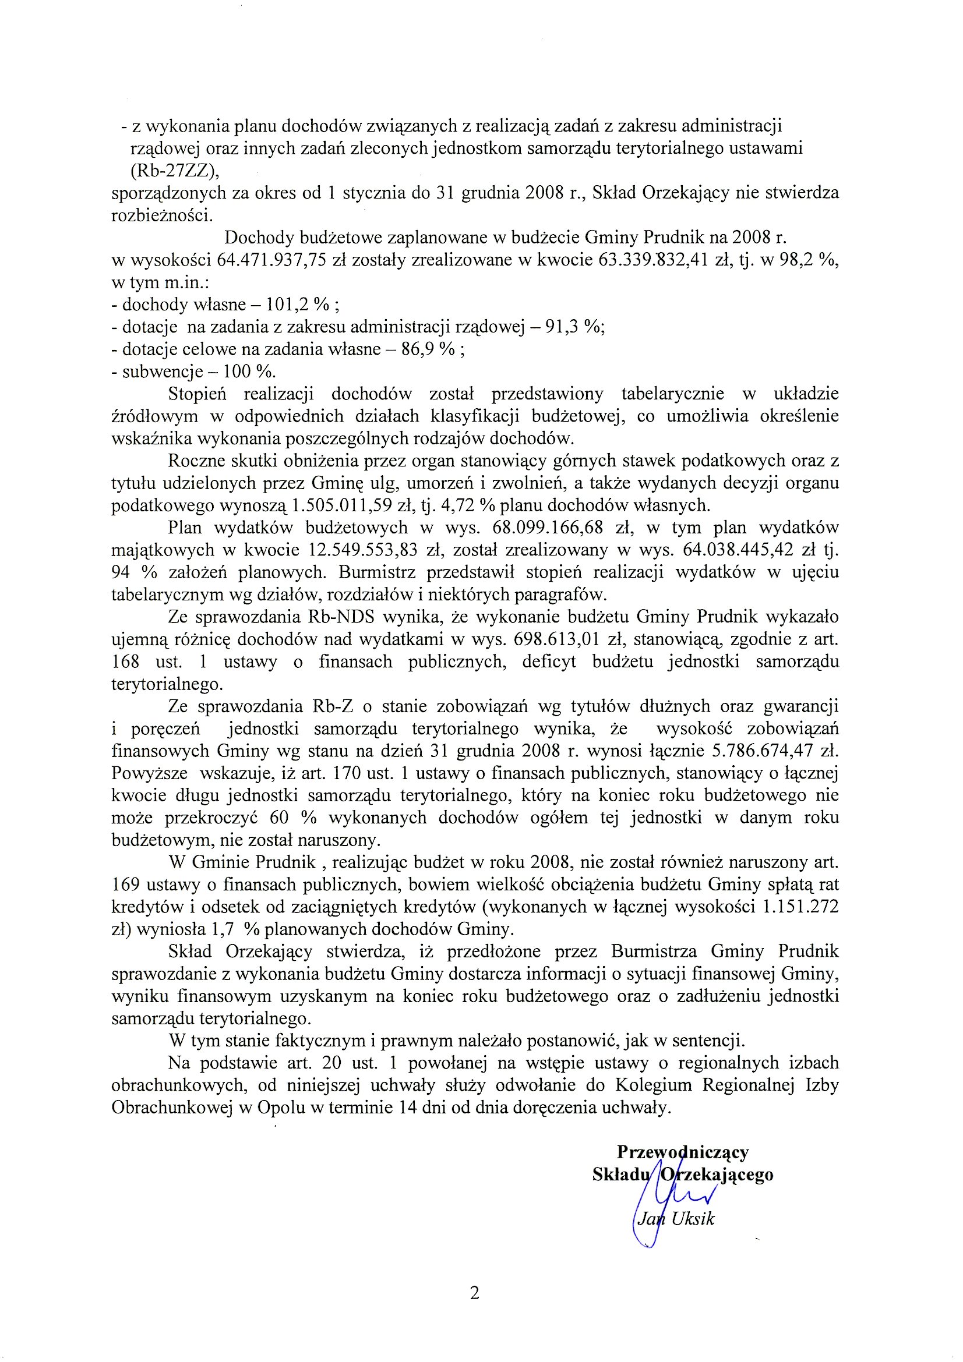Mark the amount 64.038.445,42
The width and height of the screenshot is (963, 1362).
tap(738, 550)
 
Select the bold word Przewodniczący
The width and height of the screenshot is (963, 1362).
tap(683, 1152)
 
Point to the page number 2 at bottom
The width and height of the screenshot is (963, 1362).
tap(474, 1293)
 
